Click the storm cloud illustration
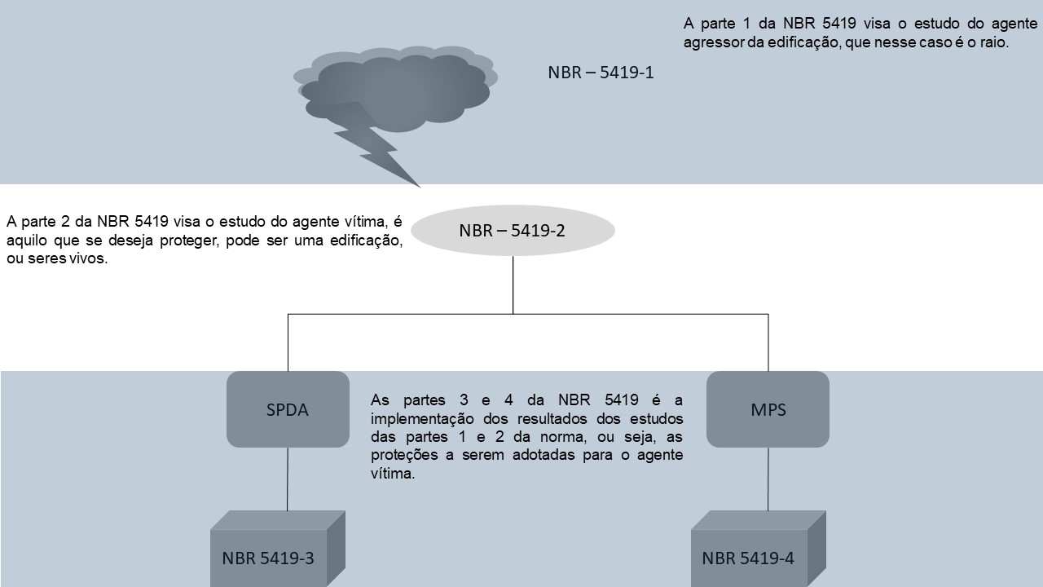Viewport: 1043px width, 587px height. click(396, 89)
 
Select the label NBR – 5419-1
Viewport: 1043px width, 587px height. click(601, 73)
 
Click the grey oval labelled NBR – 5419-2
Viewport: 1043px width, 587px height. click(513, 230)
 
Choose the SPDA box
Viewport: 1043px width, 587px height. click(288, 409)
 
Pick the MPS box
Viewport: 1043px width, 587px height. click(768, 409)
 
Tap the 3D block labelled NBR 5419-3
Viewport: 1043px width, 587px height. click(278, 549)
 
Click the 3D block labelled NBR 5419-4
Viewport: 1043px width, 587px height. click(758, 549)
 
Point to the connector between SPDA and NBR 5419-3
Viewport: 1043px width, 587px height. click(288, 479)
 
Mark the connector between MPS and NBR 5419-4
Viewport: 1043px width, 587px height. click(768, 479)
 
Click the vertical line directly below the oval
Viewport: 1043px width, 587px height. click(513, 285)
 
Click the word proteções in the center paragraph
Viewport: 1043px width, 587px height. click(404, 456)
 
